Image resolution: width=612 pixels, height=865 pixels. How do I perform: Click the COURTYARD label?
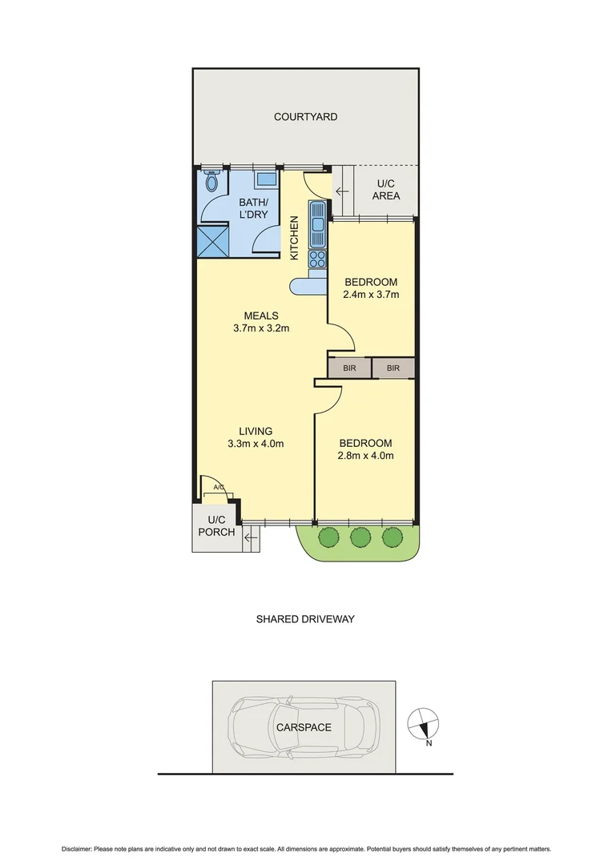pos(305,117)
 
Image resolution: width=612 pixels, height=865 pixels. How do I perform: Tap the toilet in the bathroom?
pos(211,183)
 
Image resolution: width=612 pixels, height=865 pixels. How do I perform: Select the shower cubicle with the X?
pos(212,240)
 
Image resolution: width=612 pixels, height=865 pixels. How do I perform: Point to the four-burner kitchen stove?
pos(318,259)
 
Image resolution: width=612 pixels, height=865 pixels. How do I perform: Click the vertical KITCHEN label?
pos(294,238)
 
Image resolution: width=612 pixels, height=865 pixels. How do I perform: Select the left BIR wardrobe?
pos(349,368)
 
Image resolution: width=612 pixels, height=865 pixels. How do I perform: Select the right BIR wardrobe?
pos(393,368)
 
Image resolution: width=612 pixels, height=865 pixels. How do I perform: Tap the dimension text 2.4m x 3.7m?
pos(371,295)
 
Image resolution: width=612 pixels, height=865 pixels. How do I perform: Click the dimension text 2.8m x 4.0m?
pos(365,456)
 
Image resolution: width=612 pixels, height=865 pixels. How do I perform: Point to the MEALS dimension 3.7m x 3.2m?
pos(261,328)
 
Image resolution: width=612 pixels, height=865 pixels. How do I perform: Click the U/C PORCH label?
pos(216,526)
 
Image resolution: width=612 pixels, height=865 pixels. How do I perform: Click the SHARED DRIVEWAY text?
pos(304,619)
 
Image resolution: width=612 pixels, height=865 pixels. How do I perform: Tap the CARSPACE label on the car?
pos(304,727)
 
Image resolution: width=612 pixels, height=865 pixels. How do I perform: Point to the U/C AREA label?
pos(386,190)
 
